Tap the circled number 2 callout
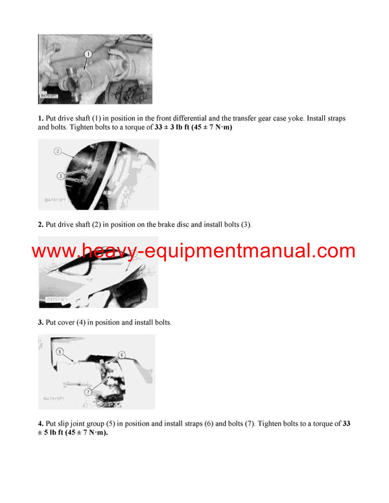(x=57, y=151)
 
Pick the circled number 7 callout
(x=88, y=392)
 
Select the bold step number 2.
(x=40, y=224)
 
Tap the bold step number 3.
(x=40, y=322)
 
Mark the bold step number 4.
(x=40, y=423)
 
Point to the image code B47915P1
(x=56, y=401)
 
